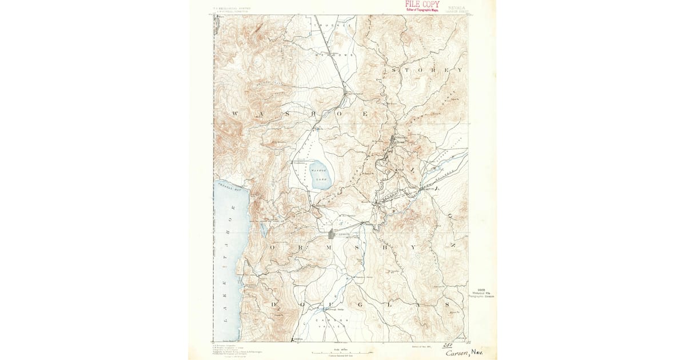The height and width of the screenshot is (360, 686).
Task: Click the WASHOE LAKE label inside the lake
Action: click(x=318, y=174)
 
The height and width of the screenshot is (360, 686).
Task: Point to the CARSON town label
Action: click(x=342, y=233)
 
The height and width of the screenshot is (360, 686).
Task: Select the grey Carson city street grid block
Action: click(x=332, y=234)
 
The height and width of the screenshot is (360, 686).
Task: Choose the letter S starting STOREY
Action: click(x=394, y=70)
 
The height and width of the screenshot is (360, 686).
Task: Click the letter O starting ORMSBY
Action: click(x=274, y=247)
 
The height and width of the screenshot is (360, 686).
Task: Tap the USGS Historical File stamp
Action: click(x=482, y=292)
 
